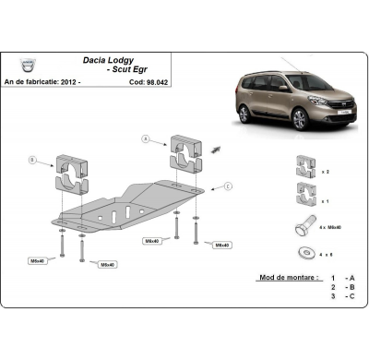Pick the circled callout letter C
228,186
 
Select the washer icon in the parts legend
302,252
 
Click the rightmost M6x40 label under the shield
221,246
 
